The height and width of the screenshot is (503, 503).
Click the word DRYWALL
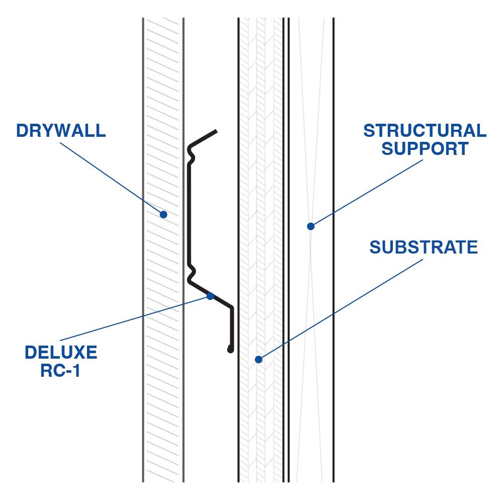61,130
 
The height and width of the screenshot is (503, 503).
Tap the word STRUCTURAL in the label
425,130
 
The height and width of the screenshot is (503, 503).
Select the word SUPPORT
425,149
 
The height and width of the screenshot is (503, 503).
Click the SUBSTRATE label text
424,247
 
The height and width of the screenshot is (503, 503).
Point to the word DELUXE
61,352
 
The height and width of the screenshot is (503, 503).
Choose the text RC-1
61,371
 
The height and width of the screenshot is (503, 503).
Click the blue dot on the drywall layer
163,214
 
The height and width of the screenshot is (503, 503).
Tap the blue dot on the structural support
311,226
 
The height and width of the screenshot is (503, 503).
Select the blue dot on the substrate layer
259,359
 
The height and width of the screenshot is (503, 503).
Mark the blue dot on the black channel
210,296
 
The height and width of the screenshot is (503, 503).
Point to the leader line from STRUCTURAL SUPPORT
367,191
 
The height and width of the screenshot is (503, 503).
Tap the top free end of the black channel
215,132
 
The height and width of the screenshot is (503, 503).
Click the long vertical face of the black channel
189,211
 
